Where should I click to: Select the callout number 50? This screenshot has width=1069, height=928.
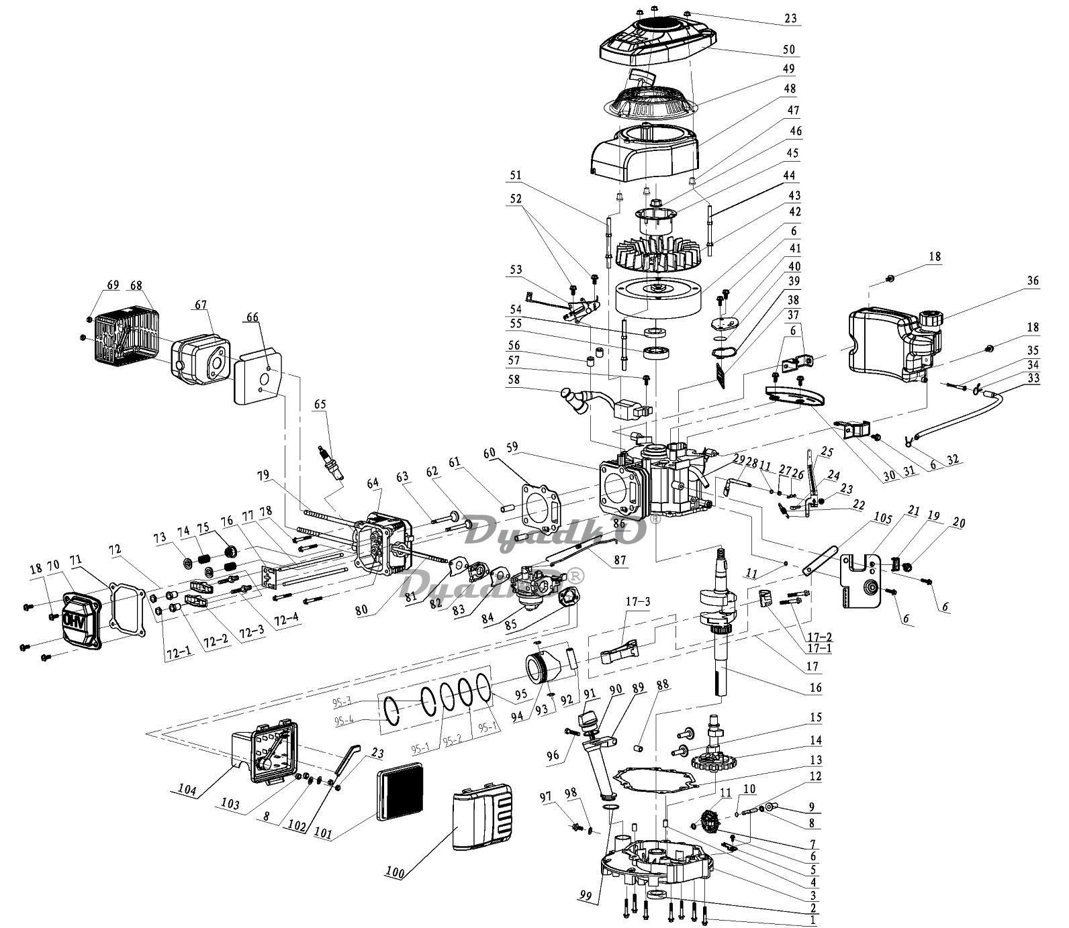tap(789, 50)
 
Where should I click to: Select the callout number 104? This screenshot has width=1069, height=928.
tap(187, 790)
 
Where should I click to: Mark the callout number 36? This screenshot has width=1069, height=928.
tap(1032, 281)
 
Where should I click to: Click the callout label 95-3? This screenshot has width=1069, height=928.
tap(342, 702)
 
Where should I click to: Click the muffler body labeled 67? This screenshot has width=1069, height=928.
tap(201, 360)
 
